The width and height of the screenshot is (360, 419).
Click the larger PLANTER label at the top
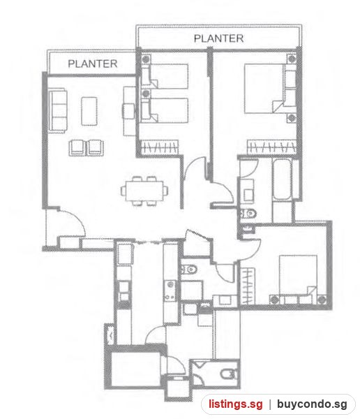218,38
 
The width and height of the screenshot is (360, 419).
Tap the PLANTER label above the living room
92,64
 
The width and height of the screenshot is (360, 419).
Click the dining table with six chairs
144,191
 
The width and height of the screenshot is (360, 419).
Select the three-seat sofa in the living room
58,110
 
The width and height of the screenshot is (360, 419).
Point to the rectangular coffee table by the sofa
89,111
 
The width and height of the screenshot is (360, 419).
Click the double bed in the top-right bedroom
264,88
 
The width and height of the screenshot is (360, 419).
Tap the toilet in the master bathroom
248,214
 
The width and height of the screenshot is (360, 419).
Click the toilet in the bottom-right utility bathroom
229,374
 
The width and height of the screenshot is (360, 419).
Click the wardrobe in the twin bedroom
160,147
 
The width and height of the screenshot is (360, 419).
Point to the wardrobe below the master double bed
271,147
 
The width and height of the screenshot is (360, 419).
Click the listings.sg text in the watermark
236,404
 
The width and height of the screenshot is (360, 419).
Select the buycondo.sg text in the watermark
312,404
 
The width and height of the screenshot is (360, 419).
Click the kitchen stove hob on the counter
171,291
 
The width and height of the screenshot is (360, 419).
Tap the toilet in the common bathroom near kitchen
189,269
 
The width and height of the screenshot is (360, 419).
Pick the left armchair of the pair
77,147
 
